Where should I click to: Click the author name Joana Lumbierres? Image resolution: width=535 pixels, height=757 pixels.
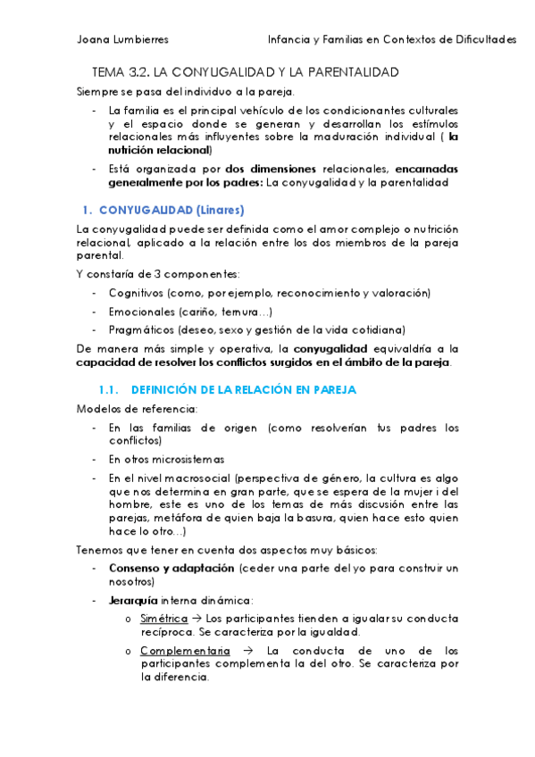122,39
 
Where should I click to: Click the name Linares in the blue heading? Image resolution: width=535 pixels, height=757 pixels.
220,211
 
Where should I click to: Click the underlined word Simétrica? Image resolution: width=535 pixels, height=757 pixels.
163,618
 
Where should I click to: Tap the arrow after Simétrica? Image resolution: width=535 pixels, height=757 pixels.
198,618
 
